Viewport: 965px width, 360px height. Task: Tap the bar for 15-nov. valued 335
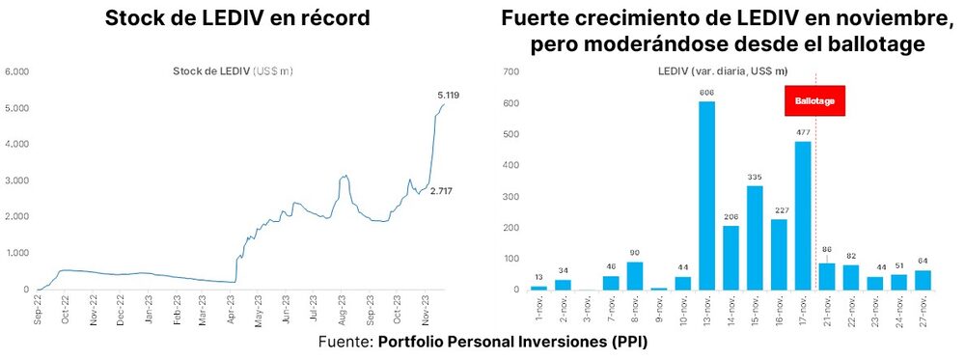tap(755, 237)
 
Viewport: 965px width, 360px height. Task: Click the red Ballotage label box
tap(815, 101)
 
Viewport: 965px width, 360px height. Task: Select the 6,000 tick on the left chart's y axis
tap(18, 71)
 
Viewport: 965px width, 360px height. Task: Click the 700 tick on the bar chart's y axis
tap(511, 71)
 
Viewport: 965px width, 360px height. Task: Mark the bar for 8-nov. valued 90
tap(635, 276)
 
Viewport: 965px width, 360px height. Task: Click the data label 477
tap(802, 133)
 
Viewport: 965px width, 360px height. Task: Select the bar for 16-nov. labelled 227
tap(778, 255)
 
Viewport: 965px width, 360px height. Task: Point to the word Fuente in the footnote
tap(345, 342)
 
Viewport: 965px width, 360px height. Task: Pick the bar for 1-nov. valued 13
tap(538, 288)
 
